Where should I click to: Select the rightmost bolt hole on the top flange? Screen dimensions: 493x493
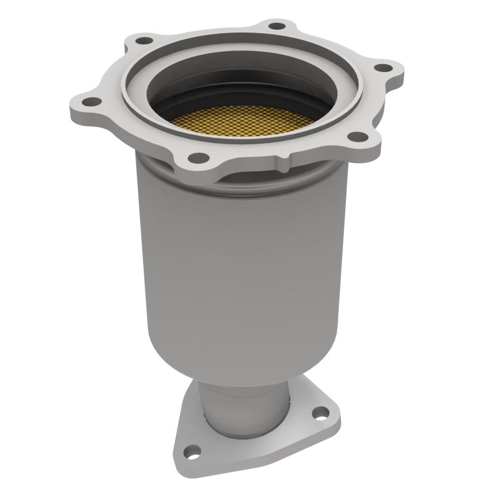[x=383, y=68]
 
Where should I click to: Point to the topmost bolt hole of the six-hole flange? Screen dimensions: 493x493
[x=277, y=26]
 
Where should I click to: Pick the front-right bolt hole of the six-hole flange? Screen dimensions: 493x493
[x=356, y=137]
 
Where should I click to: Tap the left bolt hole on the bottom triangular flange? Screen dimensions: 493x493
[x=194, y=451]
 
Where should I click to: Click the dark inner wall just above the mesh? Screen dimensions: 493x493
[x=240, y=92]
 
